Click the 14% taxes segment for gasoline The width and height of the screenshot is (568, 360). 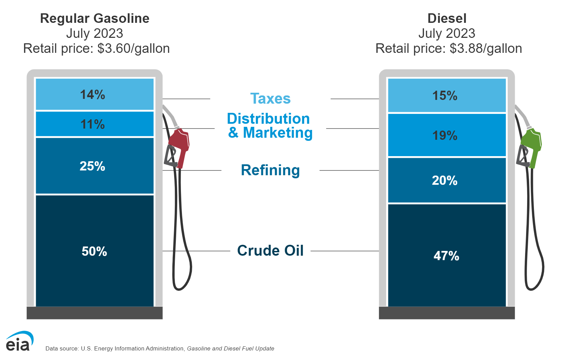tap(93, 94)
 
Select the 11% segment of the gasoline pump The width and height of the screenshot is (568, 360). tap(93, 124)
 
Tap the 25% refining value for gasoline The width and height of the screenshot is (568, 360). tap(93, 166)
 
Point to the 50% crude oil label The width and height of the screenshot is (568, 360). tap(94, 251)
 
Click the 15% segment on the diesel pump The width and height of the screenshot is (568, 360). tap(445, 95)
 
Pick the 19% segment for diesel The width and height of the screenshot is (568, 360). tap(445, 135)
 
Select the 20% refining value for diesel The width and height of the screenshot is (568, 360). tap(445, 180)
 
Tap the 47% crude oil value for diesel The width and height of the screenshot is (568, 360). tap(446, 256)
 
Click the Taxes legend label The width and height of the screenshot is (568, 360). tap(270, 99)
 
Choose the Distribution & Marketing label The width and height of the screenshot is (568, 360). tap(270, 125)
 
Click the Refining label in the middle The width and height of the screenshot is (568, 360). tap(270, 170)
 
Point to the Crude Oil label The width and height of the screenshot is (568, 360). tap(270, 251)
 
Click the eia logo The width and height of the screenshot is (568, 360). tap(19, 341)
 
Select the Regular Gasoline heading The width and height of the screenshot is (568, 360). tap(95, 18)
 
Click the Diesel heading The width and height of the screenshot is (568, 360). tap(447, 18)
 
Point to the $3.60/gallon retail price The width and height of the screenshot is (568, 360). tap(133, 48)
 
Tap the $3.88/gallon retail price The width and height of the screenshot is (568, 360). tap(486, 48)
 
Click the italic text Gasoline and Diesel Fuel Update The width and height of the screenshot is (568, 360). tap(230, 348)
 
